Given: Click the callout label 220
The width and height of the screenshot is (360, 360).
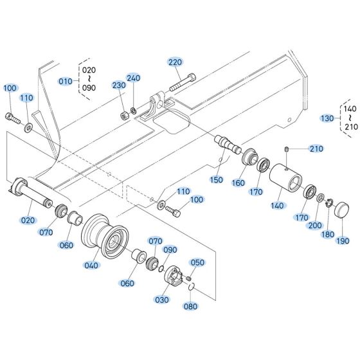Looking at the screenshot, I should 175,62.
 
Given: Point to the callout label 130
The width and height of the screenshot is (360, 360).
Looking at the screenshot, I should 328,118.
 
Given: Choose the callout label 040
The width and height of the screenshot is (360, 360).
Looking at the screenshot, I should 93,265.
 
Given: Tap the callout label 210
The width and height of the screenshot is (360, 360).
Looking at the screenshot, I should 316,149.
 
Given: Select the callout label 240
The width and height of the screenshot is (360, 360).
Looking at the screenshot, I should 133,78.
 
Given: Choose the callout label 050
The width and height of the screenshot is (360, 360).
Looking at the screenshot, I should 197,262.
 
